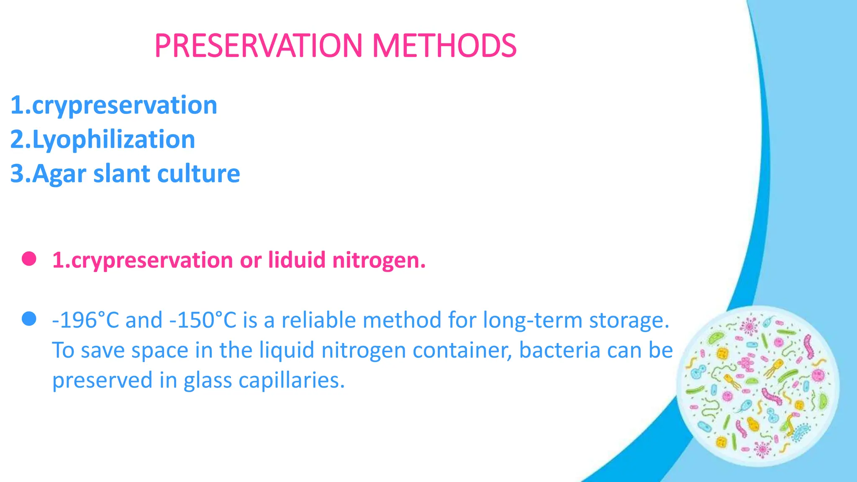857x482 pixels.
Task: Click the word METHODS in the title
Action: (444, 46)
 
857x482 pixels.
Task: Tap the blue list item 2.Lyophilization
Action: (103, 139)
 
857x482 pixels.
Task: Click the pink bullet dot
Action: (29, 259)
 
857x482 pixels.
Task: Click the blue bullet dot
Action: (29, 320)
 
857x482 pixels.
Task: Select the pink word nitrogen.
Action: (378, 261)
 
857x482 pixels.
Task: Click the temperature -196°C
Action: (86, 320)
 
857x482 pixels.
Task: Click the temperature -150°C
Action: (203, 320)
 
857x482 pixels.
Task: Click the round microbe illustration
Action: (757, 386)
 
